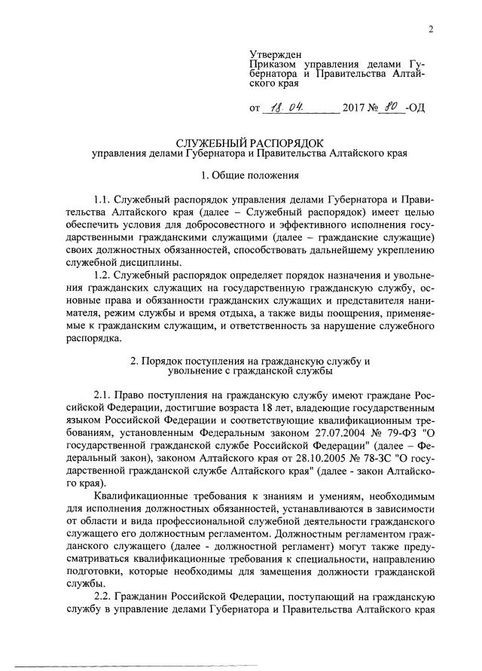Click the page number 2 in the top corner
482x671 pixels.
coord(431,29)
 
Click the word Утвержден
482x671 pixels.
coord(275,54)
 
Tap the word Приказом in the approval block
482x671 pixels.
coord(276,65)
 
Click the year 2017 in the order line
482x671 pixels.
coord(355,108)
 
